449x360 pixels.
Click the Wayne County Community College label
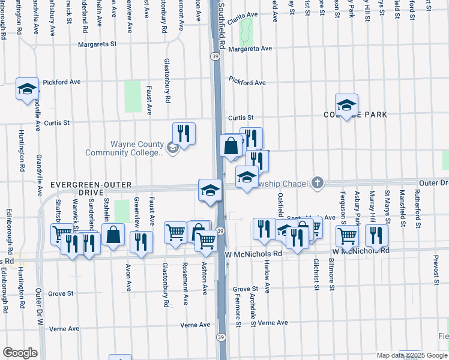[x=124, y=148]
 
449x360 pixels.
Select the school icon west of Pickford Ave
[x=27, y=90]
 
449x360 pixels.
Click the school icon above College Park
[x=346, y=106]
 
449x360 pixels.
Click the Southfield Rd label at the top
[x=221, y=24]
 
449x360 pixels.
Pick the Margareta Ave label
[x=250, y=49]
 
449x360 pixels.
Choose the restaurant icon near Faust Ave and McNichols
[x=141, y=242]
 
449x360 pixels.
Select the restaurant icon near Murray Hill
[x=376, y=235]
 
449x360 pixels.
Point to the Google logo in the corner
[x=20, y=353]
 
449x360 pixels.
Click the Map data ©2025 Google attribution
[x=411, y=355]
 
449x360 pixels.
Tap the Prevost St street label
[x=437, y=271]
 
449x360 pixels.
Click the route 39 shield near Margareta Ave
[x=214, y=56]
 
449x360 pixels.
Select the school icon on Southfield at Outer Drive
[x=208, y=191]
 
